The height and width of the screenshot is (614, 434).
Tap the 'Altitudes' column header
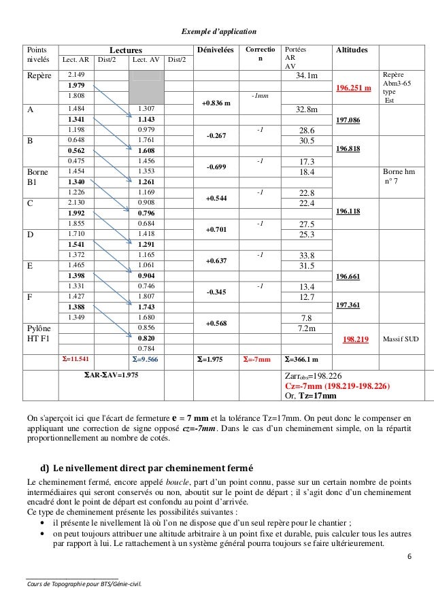tap(352, 50)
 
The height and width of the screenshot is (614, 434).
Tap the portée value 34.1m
tap(307, 75)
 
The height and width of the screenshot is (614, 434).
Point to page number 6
tap(409, 557)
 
